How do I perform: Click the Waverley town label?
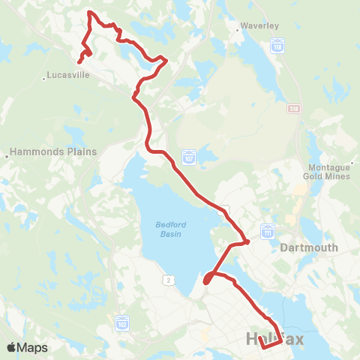[x=260, y=25]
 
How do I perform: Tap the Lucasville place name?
[x=70, y=76]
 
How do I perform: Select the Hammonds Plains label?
[x=55, y=151]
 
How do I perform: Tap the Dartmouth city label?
[x=309, y=247]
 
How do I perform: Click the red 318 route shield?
[x=292, y=109]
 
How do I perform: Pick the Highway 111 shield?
[x=267, y=233]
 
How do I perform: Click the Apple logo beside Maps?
[x=12, y=347]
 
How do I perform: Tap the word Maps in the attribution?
[x=33, y=347]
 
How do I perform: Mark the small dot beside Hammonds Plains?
[x=7, y=156]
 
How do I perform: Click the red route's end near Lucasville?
[x=79, y=61]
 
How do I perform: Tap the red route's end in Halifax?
[x=262, y=347]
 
